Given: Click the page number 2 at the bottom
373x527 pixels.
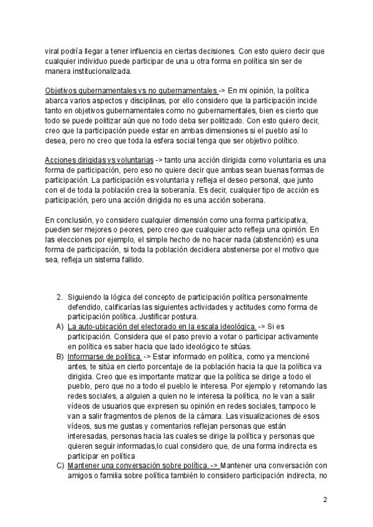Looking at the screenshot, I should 325,498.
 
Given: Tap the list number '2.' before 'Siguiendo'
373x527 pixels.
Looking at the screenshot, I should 60,297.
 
